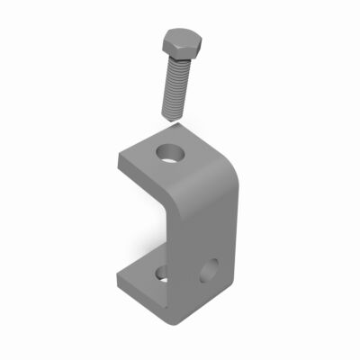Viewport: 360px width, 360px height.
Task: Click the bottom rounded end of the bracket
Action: pyautogui.click(x=175, y=319)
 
